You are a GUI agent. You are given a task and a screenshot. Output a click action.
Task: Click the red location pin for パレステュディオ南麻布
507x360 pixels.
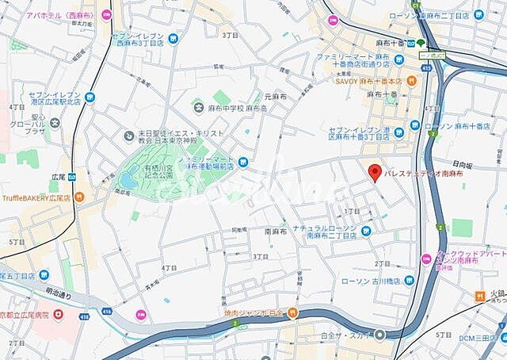coord(375,170)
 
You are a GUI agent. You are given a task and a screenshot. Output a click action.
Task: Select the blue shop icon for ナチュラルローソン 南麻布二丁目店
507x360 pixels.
coord(366,231)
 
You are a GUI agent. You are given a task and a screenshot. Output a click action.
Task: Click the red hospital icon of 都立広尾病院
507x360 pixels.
coord(61,316)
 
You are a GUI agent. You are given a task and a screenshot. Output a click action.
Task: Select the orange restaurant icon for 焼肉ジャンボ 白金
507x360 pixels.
coord(292,312)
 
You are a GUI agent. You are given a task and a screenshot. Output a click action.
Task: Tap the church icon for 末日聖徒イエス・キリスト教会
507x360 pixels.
coord(128,136)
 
